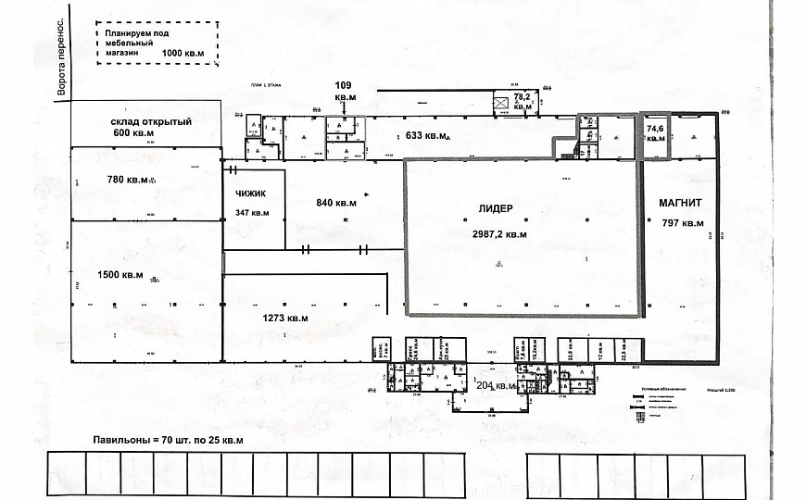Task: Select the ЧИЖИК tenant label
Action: pos(252,194)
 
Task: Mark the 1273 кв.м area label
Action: pos(284,318)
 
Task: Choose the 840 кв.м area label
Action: pos(337,203)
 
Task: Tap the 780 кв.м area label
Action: pos(128,179)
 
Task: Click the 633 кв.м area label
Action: pos(428,136)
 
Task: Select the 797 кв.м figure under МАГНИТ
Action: pos(684,223)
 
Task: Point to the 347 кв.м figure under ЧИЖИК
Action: pos(252,213)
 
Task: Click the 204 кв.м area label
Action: pos(495,385)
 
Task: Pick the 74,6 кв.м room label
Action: pos(656,132)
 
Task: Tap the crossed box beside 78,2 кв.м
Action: pos(501,103)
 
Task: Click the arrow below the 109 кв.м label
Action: pos(345,109)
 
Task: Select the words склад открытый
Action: pos(151,121)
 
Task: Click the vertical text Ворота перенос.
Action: pos(62,57)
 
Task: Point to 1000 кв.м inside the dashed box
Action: pos(184,54)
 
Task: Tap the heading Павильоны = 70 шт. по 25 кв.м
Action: pos(167,439)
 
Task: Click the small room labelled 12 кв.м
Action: pos(599,350)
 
